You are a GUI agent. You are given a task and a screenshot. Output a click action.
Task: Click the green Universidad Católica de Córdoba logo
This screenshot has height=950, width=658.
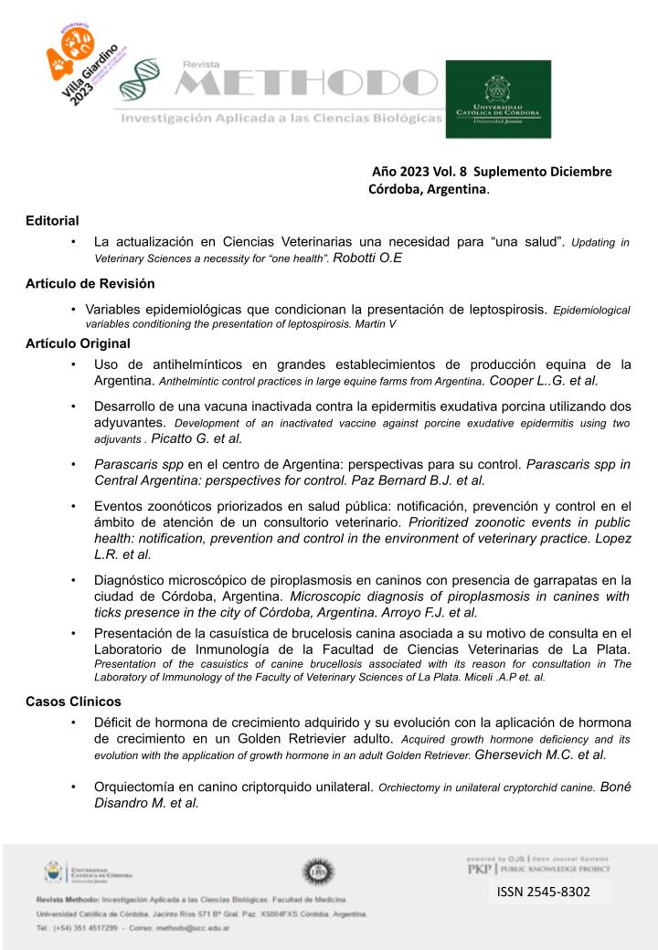coord(498,99)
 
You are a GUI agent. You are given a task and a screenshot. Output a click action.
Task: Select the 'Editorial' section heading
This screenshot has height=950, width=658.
coord(52,220)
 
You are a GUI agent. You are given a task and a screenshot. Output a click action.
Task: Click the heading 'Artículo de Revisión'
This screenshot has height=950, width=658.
coord(90,283)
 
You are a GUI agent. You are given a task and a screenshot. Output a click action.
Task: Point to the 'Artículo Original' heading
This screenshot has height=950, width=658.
coord(78,343)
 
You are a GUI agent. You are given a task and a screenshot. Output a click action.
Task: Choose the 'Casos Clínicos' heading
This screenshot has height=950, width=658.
coord(73,702)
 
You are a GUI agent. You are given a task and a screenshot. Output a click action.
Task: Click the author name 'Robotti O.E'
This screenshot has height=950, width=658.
coord(368,259)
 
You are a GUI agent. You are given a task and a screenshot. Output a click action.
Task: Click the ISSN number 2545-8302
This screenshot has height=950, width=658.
coord(543,892)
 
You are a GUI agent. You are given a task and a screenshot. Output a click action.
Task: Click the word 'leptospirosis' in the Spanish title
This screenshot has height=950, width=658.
coord(508,309)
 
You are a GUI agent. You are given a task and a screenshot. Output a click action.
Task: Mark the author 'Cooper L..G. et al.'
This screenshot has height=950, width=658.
coord(545,380)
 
